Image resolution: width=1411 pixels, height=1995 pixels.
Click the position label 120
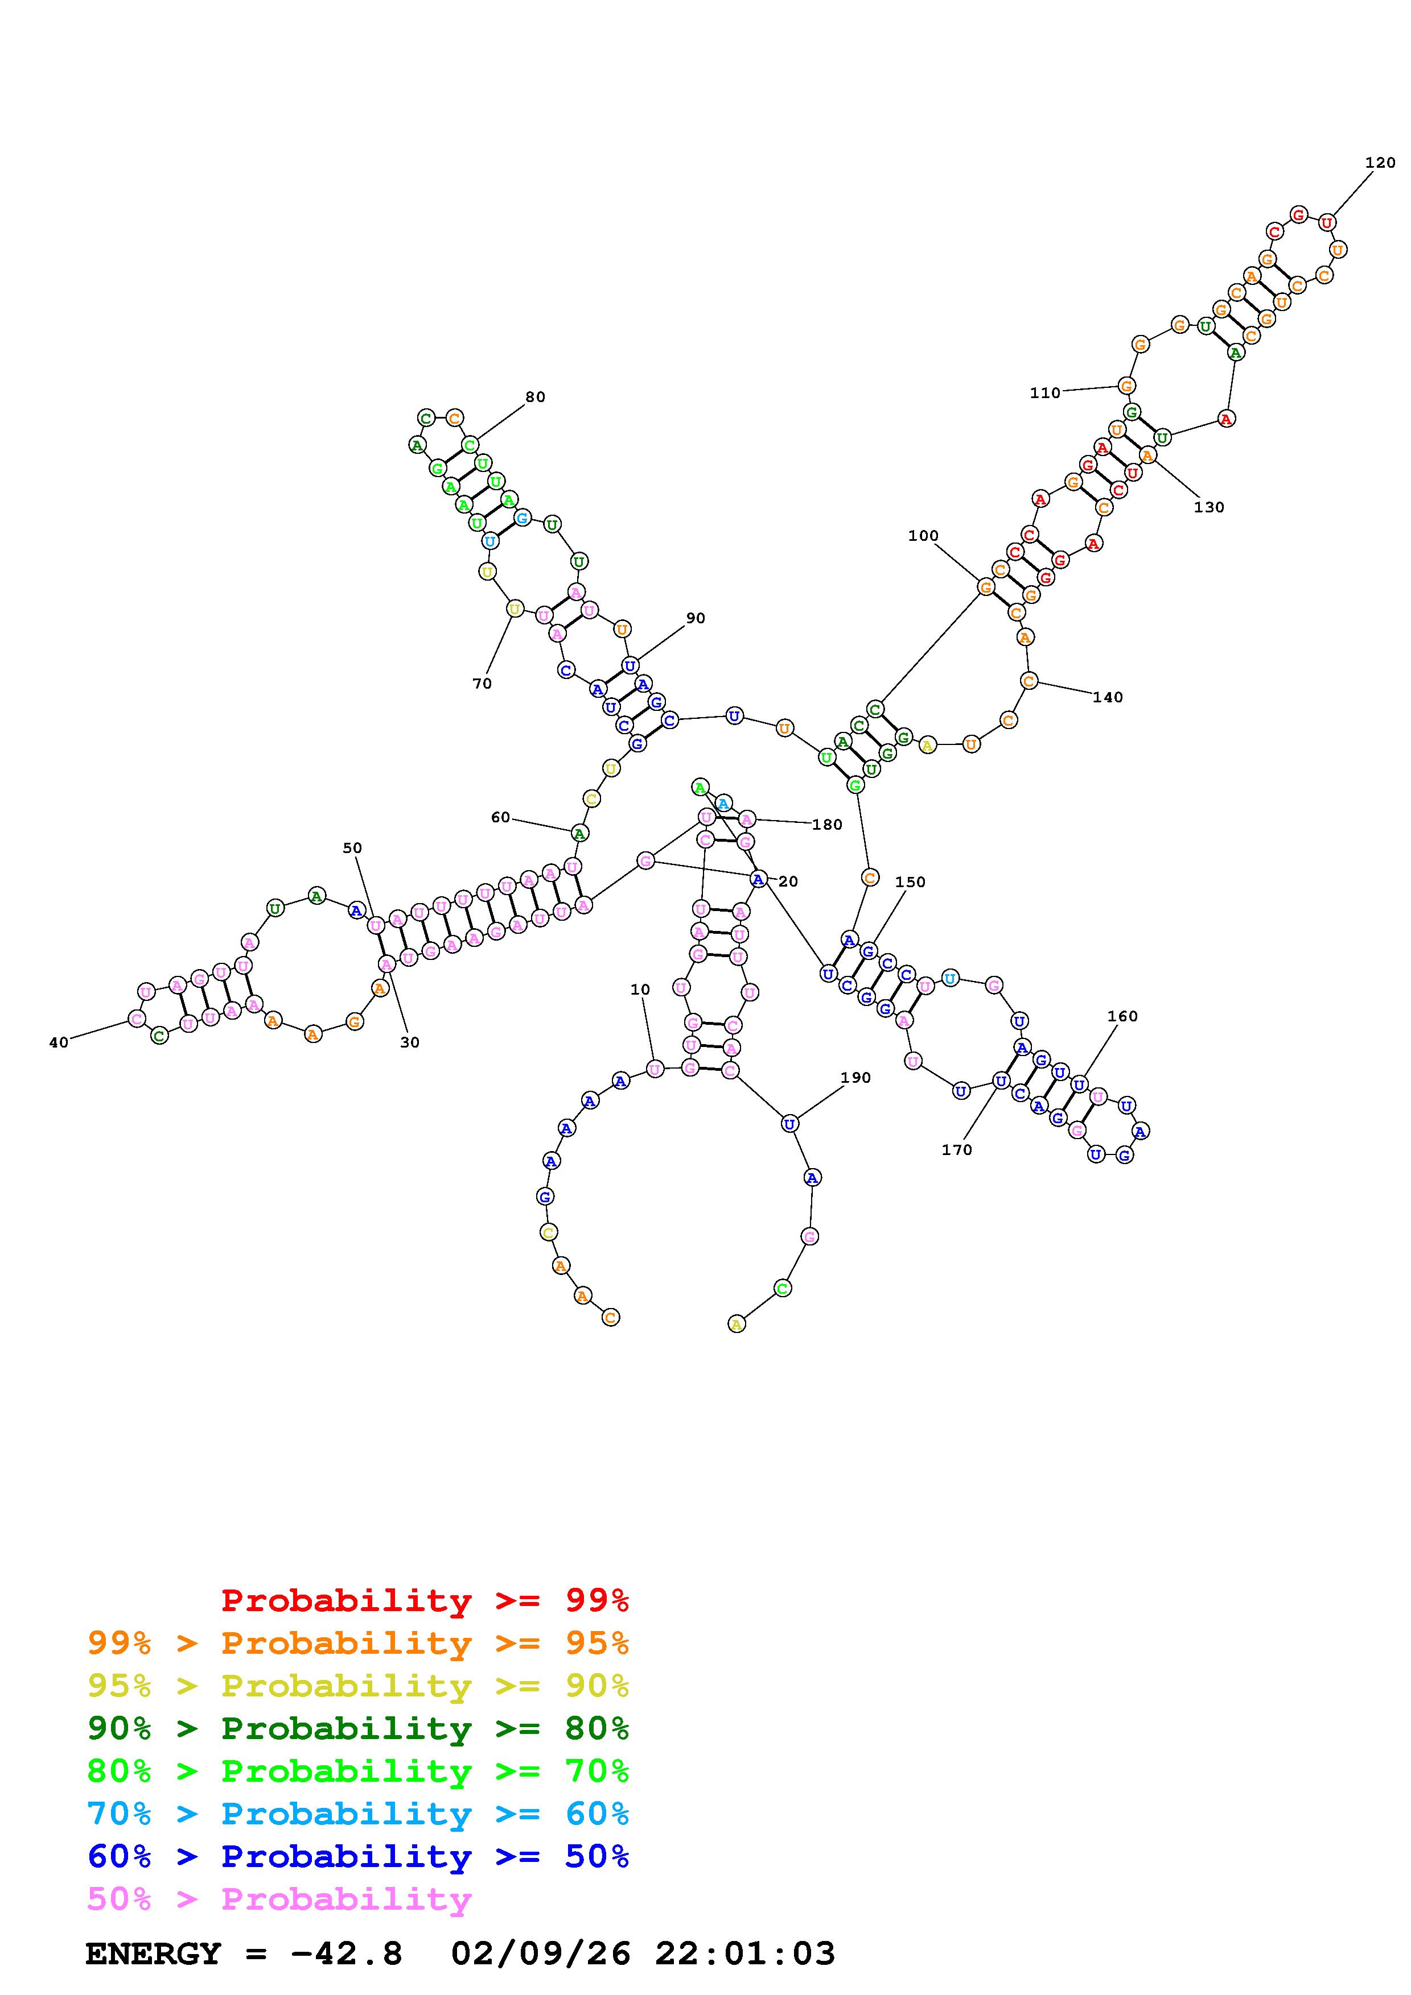tap(1380, 163)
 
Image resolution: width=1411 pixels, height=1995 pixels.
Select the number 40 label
tap(58, 1042)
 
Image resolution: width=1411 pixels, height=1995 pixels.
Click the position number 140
tap(1108, 697)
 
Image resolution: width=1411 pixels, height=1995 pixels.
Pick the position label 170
tap(956, 1149)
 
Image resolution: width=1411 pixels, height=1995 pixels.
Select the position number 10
tap(640, 990)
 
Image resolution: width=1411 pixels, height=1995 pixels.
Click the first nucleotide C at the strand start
tap(610, 1317)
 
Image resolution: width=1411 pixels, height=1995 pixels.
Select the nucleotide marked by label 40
tap(137, 1019)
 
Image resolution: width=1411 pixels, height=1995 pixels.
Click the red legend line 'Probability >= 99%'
tap(425, 1600)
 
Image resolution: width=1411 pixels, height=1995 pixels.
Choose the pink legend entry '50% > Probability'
tap(279, 1899)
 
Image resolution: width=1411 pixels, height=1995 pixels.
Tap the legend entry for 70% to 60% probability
tap(357, 1814)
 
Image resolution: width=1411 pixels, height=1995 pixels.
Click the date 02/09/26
tap(541, 1954)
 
